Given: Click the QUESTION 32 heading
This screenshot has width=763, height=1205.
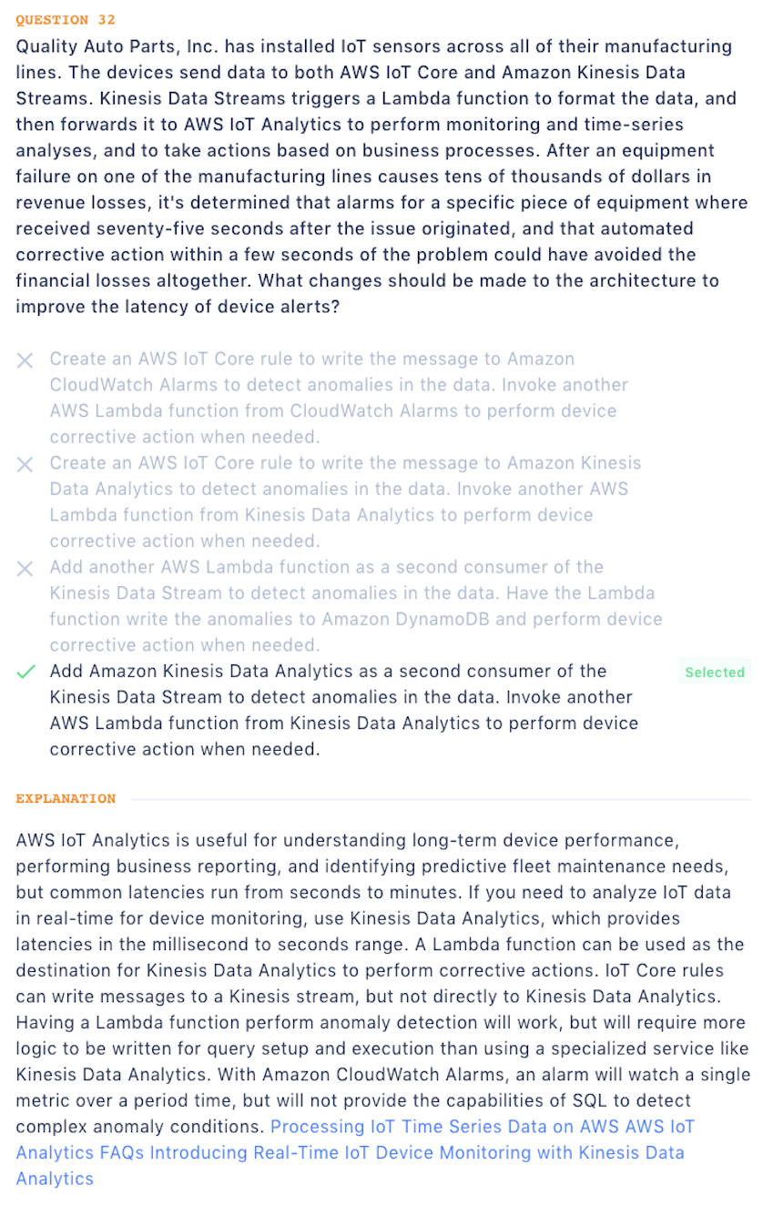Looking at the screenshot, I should coord(66,20).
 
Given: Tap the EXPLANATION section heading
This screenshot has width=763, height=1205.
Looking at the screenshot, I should coord(66,799).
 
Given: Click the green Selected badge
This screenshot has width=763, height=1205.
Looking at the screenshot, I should coord(715,673).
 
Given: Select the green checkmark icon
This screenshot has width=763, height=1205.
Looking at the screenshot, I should coord(25,673).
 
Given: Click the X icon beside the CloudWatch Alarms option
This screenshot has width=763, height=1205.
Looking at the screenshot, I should coord(25,360).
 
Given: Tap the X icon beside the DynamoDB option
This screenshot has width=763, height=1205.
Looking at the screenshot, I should coord(25,568).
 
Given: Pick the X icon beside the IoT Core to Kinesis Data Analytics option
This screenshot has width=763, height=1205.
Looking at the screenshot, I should coord(25,464).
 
